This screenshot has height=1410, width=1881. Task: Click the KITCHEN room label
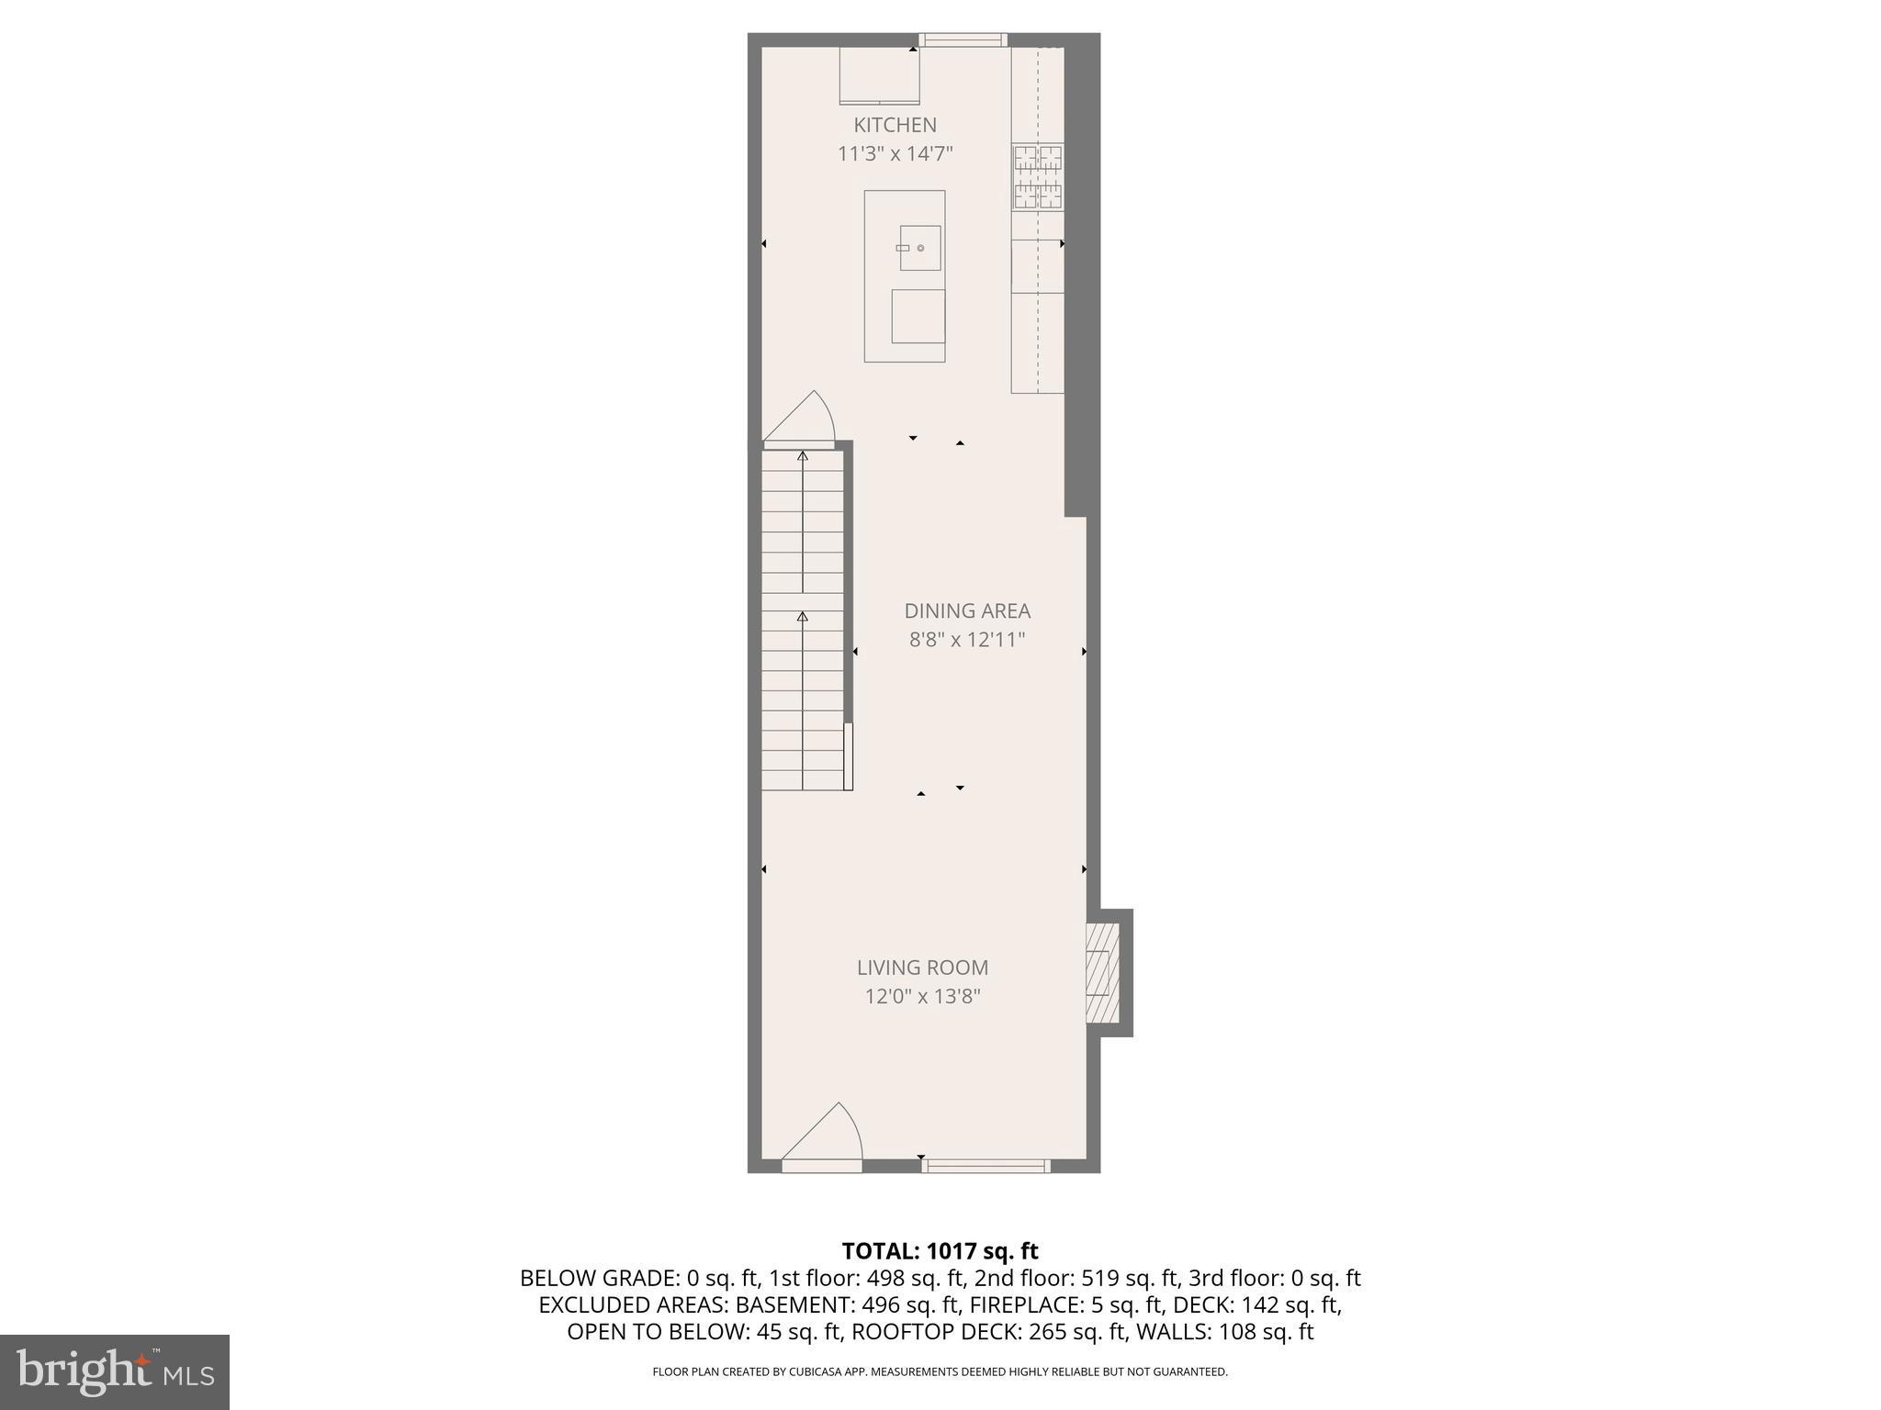895,125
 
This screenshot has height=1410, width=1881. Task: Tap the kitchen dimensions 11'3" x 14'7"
895,153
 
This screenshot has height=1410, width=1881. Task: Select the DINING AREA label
967,610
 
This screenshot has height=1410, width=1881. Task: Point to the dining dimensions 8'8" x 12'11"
967,640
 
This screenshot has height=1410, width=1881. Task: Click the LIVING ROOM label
922,967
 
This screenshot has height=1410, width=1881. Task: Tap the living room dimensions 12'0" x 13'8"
922,996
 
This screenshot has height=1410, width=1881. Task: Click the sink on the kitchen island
919,248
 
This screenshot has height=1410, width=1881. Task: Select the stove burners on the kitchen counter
1038,177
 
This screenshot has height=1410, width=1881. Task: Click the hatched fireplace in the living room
1102,973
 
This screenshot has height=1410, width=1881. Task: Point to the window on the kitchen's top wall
963,39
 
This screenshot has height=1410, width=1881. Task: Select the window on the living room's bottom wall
986,1166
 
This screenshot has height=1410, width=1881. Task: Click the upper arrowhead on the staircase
803,456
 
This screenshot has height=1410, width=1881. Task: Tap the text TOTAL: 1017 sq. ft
940,1251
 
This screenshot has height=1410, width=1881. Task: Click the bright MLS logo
115,1372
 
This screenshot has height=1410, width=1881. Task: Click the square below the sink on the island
918,317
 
